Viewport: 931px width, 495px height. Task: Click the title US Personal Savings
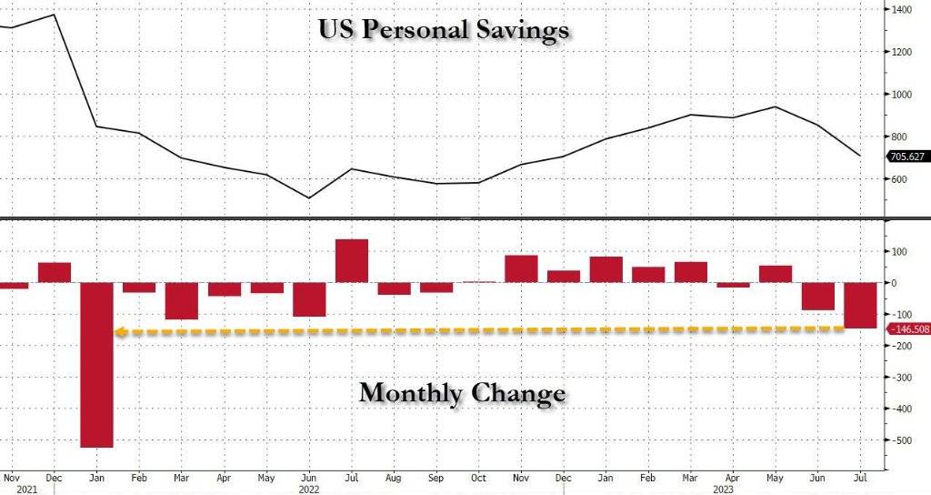[444, 29]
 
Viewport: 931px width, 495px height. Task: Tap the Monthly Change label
[462, 394]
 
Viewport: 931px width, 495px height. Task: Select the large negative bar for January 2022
[96, 364]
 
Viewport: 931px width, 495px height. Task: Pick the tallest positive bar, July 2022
[352, 261]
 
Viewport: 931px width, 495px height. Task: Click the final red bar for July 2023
[861, 306]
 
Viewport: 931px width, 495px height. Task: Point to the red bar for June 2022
[309, 299]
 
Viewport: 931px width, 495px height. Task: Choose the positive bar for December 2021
[55, 272]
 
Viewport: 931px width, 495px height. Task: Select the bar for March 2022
[182, 300]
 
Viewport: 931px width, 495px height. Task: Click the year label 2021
[13, 488]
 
